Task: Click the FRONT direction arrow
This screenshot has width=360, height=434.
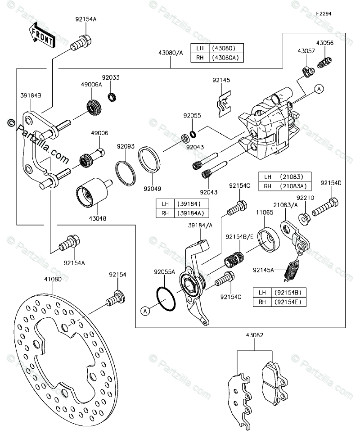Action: click(41, 35)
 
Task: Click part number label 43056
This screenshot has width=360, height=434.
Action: click(325, 43)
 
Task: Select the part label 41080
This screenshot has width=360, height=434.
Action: click(53, 279)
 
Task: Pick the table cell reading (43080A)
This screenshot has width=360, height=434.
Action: click(225, 58)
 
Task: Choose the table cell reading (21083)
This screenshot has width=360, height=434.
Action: click(293, 176)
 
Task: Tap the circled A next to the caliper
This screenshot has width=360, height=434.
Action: click(319, 89)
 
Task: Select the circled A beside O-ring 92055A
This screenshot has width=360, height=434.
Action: click(145, 311)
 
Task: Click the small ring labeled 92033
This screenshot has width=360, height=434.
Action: click(112, 97)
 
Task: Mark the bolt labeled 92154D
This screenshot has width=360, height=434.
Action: click(325, 207)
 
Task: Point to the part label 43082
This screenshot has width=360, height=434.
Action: click(255, 335)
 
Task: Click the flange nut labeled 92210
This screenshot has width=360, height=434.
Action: click(305, 218)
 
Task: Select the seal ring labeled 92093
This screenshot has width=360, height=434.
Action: click(126, 173)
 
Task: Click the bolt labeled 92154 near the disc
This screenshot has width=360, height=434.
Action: click(115, 298)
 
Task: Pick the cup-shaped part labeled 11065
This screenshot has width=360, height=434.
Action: click(268, 240)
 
